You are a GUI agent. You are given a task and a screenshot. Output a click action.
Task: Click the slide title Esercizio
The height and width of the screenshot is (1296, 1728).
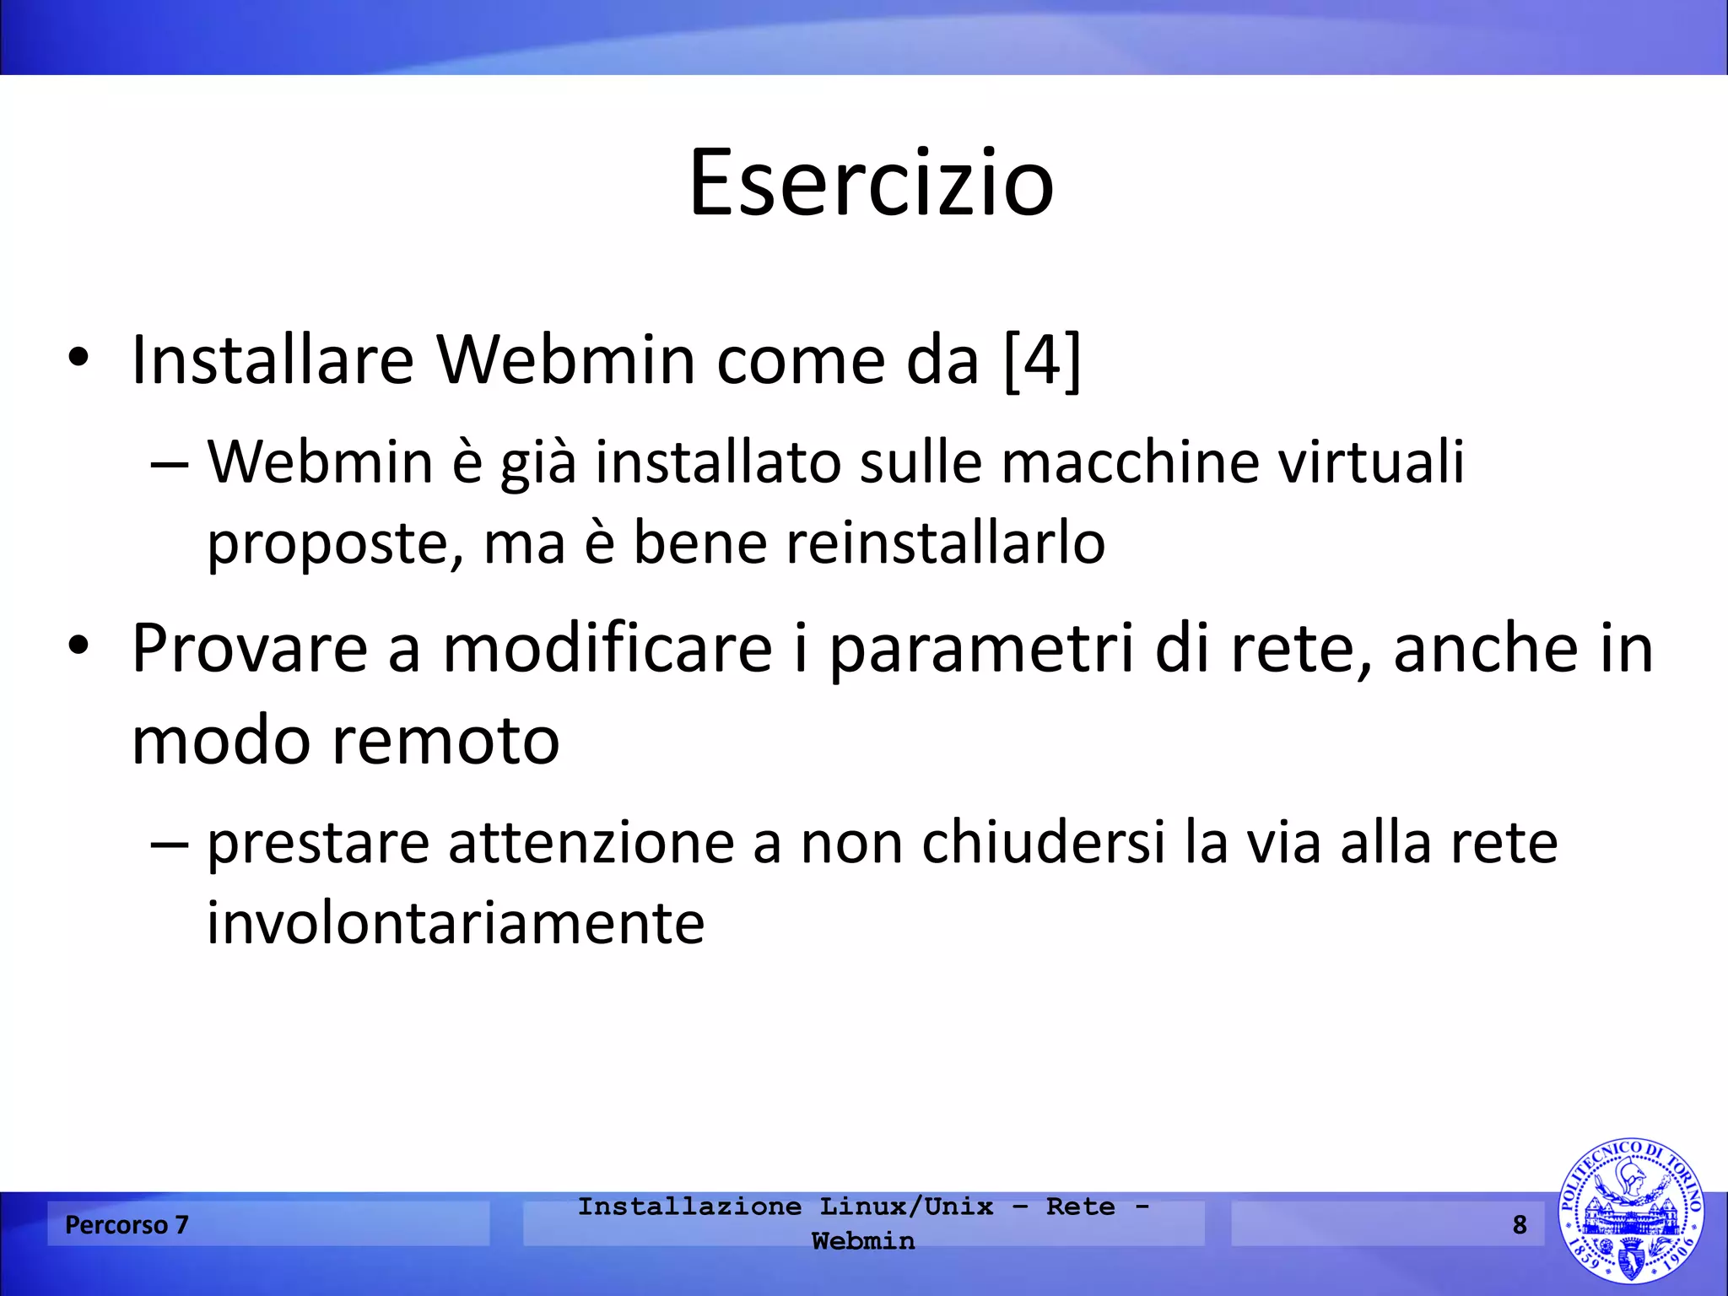point(871,183)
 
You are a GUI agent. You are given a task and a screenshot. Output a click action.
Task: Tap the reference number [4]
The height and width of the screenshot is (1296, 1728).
point(1043,360)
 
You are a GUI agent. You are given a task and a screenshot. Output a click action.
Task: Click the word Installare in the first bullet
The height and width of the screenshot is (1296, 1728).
point(273,360)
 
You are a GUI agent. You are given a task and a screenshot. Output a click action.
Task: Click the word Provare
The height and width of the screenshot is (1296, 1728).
point(250,649)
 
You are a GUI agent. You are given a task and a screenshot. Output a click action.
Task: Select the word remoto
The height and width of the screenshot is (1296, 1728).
point(445,740)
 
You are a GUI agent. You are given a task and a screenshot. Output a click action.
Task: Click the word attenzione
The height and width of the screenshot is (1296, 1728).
point(591,843)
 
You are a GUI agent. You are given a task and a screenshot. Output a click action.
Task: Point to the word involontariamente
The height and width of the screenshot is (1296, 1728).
point(456,924)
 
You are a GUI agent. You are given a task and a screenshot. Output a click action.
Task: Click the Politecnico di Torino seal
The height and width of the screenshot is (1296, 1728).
point(1629,1210)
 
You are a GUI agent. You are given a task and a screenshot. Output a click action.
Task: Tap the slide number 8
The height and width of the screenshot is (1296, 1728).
point(1519,1224)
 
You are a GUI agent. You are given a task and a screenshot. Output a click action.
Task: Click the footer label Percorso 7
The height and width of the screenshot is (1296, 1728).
point(127,1224)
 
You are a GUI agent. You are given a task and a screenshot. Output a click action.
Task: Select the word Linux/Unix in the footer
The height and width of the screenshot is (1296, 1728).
point(906,1207)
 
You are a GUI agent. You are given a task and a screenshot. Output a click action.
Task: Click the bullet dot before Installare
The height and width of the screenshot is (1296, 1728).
point(78,359)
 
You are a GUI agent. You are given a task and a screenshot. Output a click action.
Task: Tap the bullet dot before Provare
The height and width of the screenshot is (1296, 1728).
point(78,648)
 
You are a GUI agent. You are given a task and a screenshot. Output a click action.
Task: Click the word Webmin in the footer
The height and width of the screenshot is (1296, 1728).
point(863,1241)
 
